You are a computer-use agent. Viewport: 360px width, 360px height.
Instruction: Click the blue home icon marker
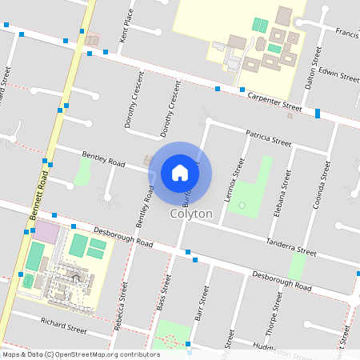tap(180, 172)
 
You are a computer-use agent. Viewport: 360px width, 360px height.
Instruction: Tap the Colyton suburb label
tap(191, 214)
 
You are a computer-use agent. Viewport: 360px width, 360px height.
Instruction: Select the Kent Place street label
tap(126, 27)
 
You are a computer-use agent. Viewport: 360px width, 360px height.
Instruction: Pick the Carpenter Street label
tap(274, 101)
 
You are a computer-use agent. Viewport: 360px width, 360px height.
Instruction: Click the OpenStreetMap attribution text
tap(82, 354)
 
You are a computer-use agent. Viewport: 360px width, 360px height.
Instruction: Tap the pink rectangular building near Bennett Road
tap(46, 234)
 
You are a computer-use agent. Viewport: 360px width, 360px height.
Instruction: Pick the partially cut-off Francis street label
tap(346, 33)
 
